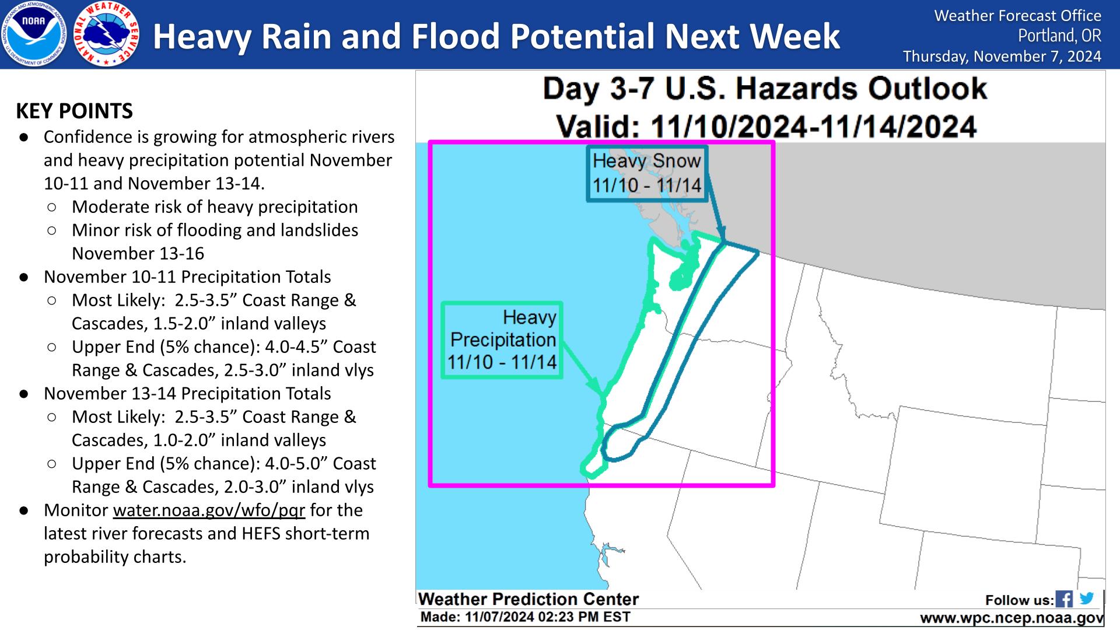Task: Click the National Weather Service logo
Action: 107,34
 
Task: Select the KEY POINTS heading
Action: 75,111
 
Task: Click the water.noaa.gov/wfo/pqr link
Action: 209,510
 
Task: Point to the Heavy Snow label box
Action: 647,173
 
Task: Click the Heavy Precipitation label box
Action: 502,340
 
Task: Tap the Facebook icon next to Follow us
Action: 1064,599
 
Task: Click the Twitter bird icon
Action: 1086,598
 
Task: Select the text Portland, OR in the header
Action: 1060,36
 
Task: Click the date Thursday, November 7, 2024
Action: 1002,57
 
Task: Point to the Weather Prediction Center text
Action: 528,599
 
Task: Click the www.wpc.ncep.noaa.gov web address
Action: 1012,618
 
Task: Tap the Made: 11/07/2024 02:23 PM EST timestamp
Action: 525,617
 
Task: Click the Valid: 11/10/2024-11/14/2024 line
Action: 766,125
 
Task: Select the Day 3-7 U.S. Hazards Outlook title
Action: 765,89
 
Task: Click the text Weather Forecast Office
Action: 1018,16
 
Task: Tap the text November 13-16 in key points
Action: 138,254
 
